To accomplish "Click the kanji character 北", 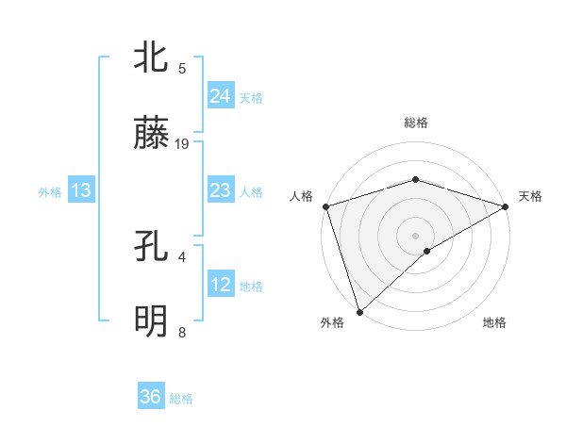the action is pyautogui.click(x=152, y=57).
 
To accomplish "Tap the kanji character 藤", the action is pyautogui.click(x=152, y=133).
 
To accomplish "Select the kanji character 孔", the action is pyautogui.click(x=152, y=248).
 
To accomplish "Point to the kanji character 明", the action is pyautogui.click(x=152, y=321).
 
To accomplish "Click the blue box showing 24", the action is pyautogui.click(x=220, y=95).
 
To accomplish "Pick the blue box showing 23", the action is pyautogui.click(x=220, y=190).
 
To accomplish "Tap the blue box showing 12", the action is pyautogui.click(x=220, y=285).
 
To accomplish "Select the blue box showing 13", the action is pyautogui.click(x=81, y=190).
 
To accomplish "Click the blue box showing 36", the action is pyautogui.click(x=151, y=397).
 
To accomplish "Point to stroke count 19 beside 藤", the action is pyautogui.click(x=182, y=144).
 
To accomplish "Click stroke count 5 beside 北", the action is pyautogui.click(x=182, y=68).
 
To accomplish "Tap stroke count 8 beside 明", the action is pyautogui.click(x=182, y=333).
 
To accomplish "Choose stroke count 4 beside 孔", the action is pyautogui.click(x=182, y=256).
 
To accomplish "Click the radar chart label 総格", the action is pyautogui.click(x=415, y=123).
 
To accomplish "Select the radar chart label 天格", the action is pyautogui.click(x=530, y=196).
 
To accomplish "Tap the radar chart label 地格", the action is pyautogui.click(x=494, y=323).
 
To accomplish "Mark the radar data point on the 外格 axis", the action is pyautogui.click(x=359, y=310).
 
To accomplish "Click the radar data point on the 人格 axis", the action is pyautogui.click(x=325, y=206).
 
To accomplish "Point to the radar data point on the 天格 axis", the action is pyautogui.click(x=505, y=206).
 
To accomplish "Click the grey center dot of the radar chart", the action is pyautogui.click(x=415, y=235).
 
